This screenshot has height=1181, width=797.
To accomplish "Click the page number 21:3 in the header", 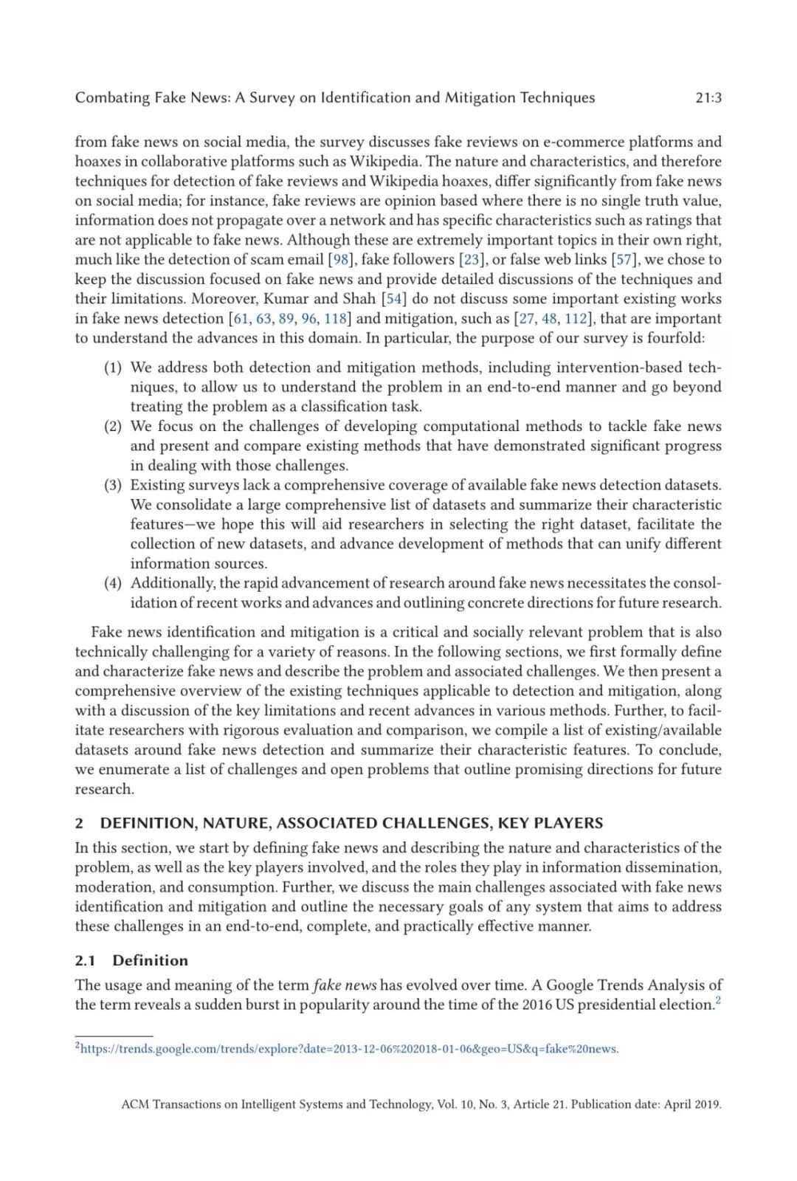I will (x=708, y=97).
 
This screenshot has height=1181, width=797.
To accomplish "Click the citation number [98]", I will (x=340, y=259).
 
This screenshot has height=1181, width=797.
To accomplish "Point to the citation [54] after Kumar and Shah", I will (x=394, y=298).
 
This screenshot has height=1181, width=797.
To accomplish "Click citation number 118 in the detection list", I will (x=336, y=318).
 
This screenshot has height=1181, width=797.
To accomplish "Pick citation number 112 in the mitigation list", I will (x=576, y=318).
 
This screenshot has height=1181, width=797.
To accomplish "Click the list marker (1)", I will (x=112, y=368).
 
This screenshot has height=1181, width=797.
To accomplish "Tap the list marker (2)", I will (x=112, y=426).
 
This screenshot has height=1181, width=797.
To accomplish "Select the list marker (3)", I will (x=112, y=485).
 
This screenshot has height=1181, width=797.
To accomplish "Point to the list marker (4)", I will (x=112, y=583).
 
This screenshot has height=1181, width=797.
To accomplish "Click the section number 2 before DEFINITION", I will (x=79, y=823).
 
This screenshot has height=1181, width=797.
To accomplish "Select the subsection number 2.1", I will (x=85, y=960).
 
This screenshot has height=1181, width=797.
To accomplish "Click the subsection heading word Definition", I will (x=151, y=960).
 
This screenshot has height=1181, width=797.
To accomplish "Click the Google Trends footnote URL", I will (x=349, y=1049).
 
